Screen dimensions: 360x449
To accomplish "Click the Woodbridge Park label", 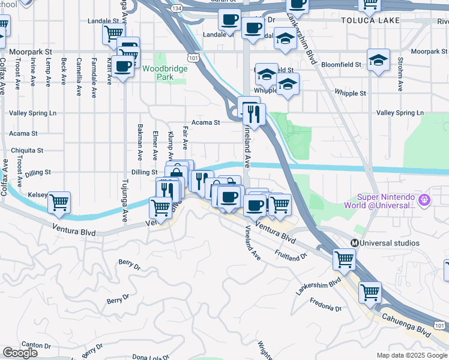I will point(164,73).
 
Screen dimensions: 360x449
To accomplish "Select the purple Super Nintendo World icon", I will point(424,198).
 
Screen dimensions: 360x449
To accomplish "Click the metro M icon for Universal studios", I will point(355,243).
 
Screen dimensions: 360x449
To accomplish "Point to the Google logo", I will point(20,353).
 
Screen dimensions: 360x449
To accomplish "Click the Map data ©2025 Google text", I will point(412,355).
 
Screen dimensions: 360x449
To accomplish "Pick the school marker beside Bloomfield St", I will point(378,60).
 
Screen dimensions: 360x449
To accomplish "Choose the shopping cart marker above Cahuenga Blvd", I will point(370,292).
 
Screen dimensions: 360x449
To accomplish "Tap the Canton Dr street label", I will point(36,345).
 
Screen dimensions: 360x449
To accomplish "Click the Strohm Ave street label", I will point(400,74).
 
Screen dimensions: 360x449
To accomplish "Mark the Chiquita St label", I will point(26,150).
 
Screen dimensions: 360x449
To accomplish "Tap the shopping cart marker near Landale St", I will point(112,34).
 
